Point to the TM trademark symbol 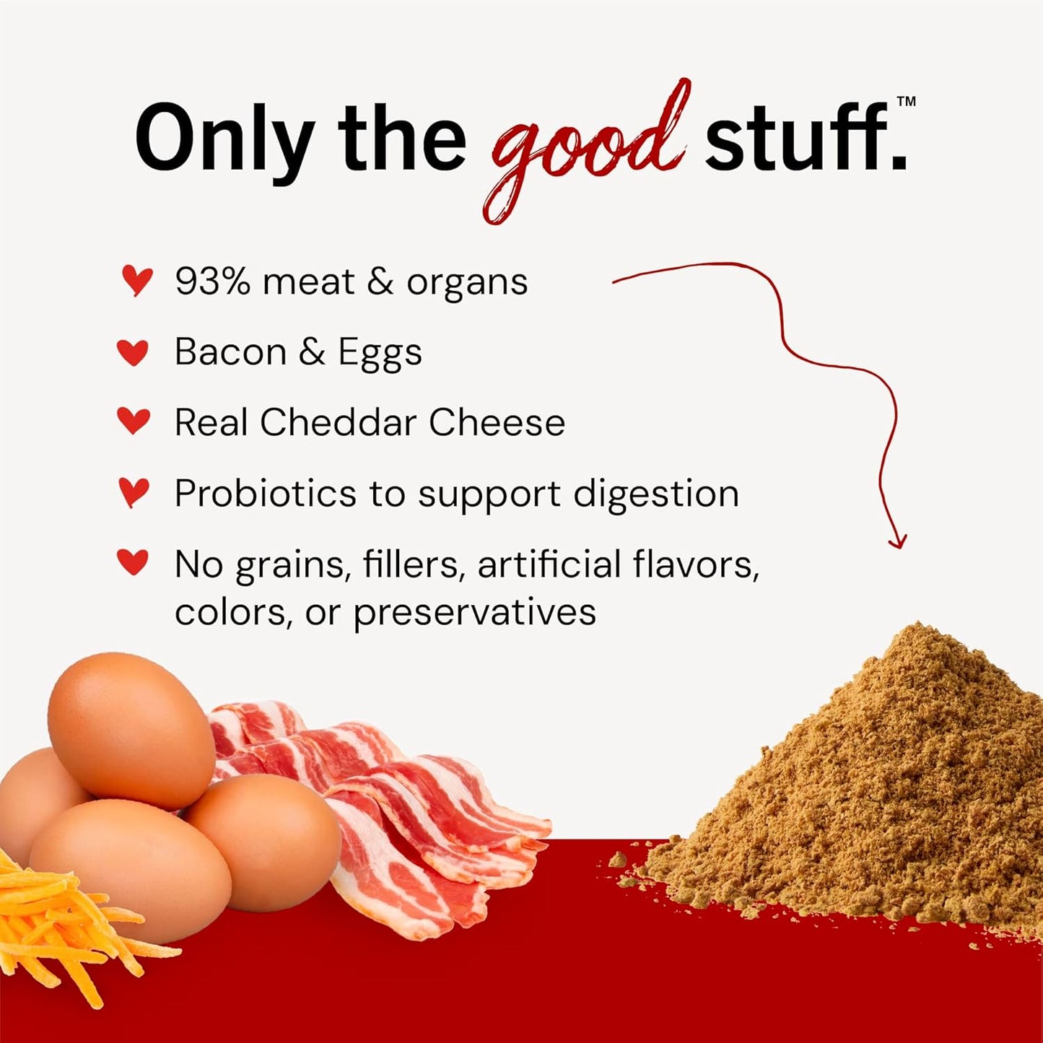tap(906, 102)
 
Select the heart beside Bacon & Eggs tap(133, 352)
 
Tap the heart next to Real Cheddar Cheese tap(134, 421)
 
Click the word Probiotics tap(265, 494)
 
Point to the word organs tap(467, 283)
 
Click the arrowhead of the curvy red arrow tap(897, 541)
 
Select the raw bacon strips tap(404, 808)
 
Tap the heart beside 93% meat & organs tap(136, 280)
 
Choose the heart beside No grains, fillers tap(133, 562)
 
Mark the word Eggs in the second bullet tap(380, 354)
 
